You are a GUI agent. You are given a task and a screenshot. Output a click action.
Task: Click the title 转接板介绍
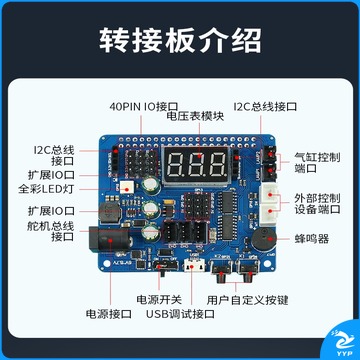pyautogui.click(x=180, y=41)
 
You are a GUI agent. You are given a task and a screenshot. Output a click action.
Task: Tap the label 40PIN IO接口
pyautogui.click(x=144, y=107)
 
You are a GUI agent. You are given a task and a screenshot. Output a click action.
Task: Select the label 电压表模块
pyautogui.click(x=195, y=116)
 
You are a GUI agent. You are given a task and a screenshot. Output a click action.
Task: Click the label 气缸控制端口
pyautogui.click(x=317, y=163)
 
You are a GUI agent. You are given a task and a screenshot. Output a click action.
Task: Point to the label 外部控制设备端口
pyautogui.click(x=317, y=203)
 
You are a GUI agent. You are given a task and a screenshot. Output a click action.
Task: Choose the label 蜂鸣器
pyautogui.click(x=312, y=239)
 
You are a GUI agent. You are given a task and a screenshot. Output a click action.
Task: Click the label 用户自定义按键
pyautogui.click(x=247, y=300)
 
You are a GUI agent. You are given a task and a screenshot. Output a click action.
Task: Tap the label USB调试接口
pyautogui.click(x=180, y=314)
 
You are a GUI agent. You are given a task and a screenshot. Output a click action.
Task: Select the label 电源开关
pyautogui.click(x=159, y=299)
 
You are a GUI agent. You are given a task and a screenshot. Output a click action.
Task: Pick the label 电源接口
pyautogui.click(x=109, y=314)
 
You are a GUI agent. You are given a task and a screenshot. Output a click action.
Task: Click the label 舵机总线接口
pyautogui.click(x=51, y=232)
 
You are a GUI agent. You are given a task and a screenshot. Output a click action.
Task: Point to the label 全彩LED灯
pyautogui.click(x=46, y=189)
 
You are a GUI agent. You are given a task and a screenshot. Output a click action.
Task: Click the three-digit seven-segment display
pyautogui.click(x=196, y=166)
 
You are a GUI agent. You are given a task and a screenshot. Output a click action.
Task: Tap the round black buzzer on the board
pyautogui.click(x=264, y=239)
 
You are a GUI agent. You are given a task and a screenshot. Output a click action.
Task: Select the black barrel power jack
pyautogui.click(x=109, y=240)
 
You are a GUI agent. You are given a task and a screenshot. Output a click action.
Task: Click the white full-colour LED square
pyautogui.click(x=126, y=188)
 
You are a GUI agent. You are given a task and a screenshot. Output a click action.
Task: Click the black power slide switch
pyautogui.click(x=166, y=267)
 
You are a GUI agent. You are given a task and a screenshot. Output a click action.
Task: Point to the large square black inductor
pyautogui.click(x=109, y=211)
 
